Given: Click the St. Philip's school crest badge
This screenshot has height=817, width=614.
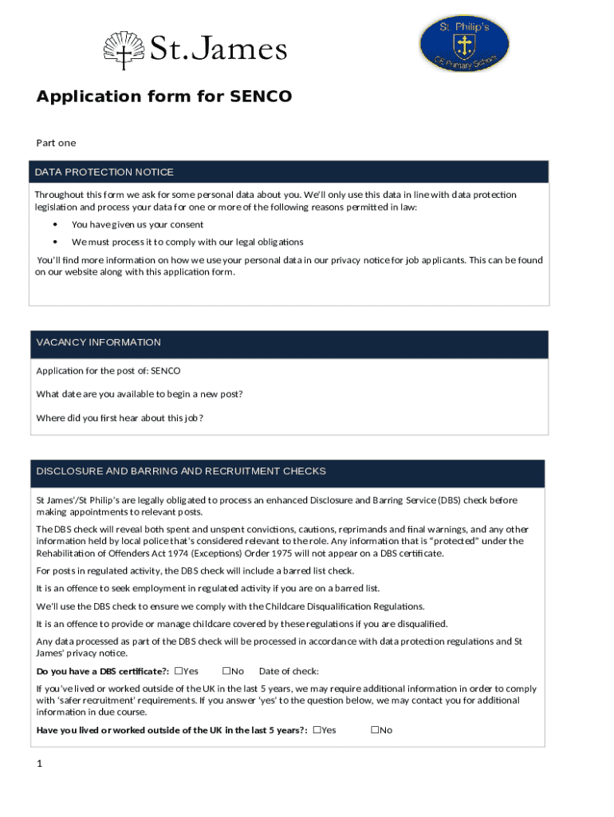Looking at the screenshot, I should pos(464,45).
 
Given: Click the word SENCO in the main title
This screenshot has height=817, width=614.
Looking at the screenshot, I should pos(261,97).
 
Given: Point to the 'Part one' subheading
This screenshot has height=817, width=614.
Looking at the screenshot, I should pos(56,143).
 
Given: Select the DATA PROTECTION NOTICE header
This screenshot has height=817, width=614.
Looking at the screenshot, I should pos(104,172).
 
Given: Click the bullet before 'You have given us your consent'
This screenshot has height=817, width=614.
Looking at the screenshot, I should pos(55,225).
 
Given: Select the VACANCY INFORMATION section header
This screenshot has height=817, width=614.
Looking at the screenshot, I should pos(98,343).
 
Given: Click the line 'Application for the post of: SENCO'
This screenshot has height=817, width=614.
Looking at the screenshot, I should pos(108,371).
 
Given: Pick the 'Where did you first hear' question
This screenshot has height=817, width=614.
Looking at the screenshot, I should pos(120,418).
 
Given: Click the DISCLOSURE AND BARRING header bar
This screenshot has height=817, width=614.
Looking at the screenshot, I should pos(181,472).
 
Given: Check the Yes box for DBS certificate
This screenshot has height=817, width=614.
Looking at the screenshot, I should pos(179,671).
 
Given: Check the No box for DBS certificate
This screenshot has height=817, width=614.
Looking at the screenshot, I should pos(226,671).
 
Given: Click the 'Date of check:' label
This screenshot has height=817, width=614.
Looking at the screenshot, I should pos(289,672).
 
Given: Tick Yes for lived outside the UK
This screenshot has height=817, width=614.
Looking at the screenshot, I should pos(317,730).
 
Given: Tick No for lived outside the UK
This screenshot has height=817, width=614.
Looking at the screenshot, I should pos(374,730).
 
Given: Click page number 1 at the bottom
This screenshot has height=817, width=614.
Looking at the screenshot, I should pos(38,764).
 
